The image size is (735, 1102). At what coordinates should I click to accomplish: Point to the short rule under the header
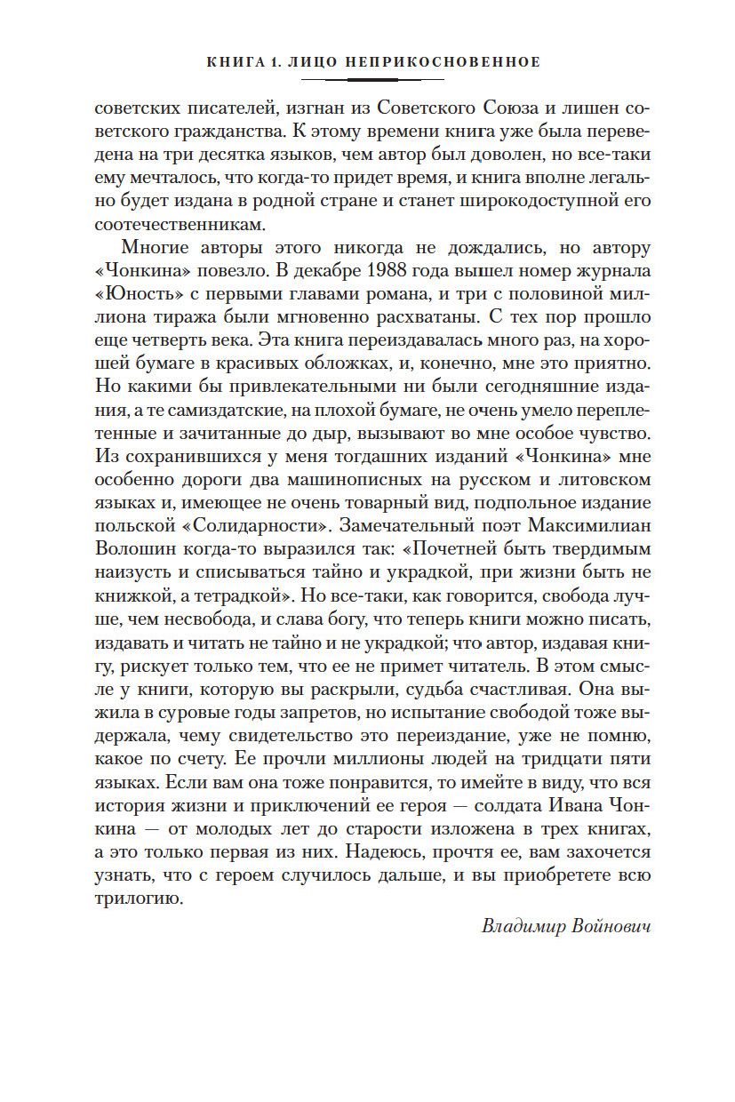tap(372, 79)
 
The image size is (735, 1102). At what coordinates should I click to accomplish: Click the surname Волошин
tap(132, 546)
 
